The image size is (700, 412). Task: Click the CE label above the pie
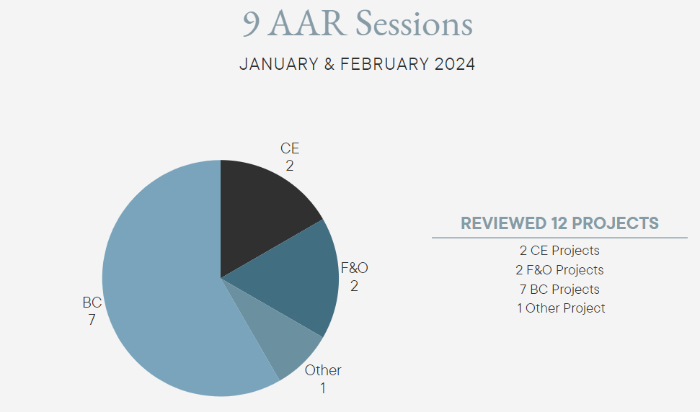pyautogui.click(x=290, y=148)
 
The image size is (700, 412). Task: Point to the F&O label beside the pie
pyautogui.click(x=355, y=268)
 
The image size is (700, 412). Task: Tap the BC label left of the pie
pyautogui.click(x=92, y=303)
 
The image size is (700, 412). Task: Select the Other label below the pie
pyautogui.click(x=323, y=370)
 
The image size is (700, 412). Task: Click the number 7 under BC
pyautogui.click(x=92, y=320)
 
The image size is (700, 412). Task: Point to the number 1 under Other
pyautogui.click(x=323, y=388)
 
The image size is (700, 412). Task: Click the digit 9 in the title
pyautogui.click(x=252, y=24)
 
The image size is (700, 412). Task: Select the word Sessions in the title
pyautogui.click(x=414, y=24)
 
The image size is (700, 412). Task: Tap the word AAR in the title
pyautogui.click(x=308, y=24)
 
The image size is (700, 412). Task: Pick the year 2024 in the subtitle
pyautogui.click(x=455, y=64)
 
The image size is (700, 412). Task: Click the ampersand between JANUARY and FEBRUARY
pyautogui.click(x=329, y=64)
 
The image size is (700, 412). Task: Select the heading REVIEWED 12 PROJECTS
pyautogui.click(x=560, y=223)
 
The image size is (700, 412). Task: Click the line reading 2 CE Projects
pyautogui.click(x=559, y=251)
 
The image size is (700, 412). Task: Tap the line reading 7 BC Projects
pyautogui.click(x=559, y=290)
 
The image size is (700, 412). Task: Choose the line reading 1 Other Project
pyautogui.click(x=561, y=308)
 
